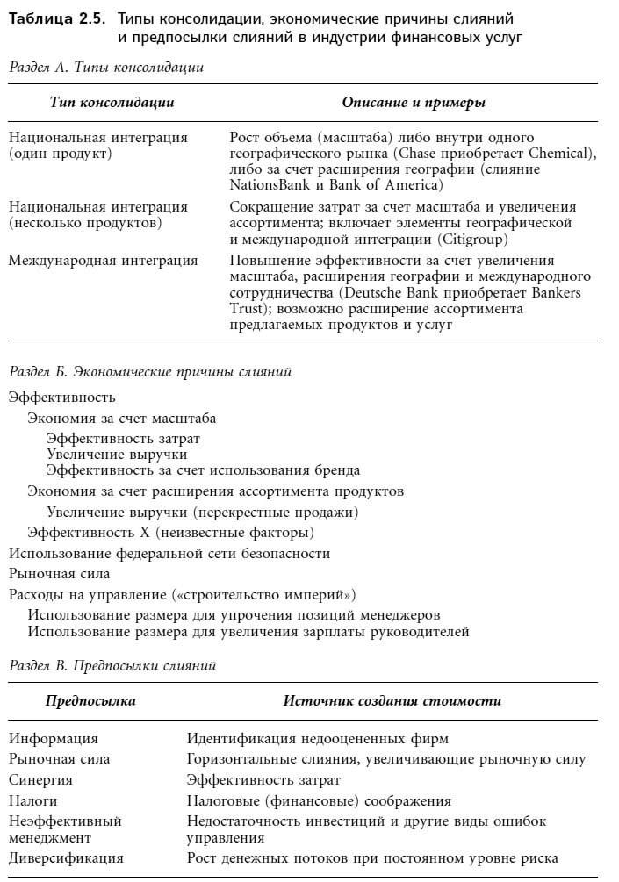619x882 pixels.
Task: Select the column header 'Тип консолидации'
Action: (x=112, y=103)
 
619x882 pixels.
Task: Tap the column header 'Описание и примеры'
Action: (x=414, y=103)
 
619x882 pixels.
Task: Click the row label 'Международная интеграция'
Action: (x=103, y=261)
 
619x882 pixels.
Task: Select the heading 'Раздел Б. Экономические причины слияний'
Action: (x=149, y=371)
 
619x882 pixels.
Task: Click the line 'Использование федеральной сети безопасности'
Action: (x=169, y=553)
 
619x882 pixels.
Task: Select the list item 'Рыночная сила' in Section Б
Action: (x=59, y=573)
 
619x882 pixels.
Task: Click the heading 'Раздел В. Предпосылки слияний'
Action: (x=112, y=666)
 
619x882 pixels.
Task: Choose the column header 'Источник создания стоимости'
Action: (x=392, y=701)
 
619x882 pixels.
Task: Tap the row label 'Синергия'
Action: (x=40, y=779)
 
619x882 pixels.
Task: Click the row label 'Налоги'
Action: (x=33, y=800)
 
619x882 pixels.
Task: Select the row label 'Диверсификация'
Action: (x=66, y=857)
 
